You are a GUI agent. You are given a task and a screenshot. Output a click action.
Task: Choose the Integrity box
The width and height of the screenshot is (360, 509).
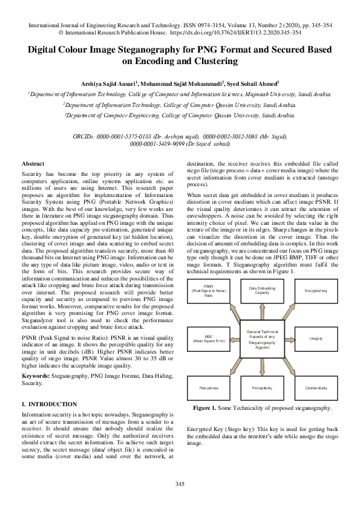point(315,339)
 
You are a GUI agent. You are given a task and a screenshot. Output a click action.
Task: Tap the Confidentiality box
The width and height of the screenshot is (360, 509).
point(315,387)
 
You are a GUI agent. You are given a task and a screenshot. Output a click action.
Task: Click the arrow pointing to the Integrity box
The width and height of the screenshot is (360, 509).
point(292,339)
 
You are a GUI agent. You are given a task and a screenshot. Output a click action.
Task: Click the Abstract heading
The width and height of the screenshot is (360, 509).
point(32,164)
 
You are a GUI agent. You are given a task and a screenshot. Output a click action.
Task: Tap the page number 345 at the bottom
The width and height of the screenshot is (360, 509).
point(180,484)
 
